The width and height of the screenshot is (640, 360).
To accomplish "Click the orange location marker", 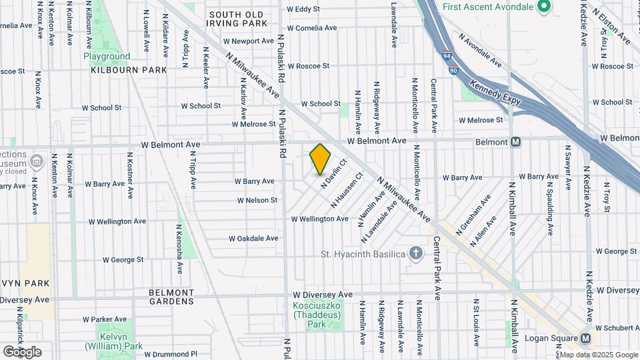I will click(x=320, y=159).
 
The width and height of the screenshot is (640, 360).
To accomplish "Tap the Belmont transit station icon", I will click(x=515, y=142).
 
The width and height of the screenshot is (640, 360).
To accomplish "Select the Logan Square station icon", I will click(x=585, y=338).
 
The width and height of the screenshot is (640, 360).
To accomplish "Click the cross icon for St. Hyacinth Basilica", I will click(x=416, y=254).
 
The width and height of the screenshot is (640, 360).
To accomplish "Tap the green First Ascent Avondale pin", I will click(x=543, y=7).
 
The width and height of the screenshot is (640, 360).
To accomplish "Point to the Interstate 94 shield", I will click(x=446, y=57).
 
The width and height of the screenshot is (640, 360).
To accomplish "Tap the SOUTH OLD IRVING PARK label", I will click(x=237, y=19).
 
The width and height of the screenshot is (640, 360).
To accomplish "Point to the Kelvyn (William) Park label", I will click(x=113, y=341).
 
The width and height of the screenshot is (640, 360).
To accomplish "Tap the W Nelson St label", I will click(x=257, y=200).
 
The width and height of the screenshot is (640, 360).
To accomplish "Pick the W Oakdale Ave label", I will click(x=253, y=238).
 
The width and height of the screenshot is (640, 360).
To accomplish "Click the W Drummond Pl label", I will click(x=171, y=354).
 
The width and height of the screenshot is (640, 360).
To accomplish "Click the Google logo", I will click(x=22, y=351).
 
